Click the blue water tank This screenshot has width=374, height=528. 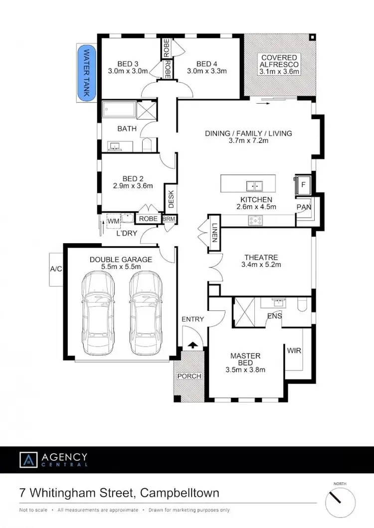(x=86, y=74)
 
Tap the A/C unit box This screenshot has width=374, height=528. (x=56, y=269)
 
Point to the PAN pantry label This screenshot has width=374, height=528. (x=304, y=207)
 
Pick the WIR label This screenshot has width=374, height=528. (x=293, y=351)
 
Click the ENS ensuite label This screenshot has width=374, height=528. (x=274, y=315)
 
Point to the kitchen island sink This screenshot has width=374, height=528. (x=254, y=186)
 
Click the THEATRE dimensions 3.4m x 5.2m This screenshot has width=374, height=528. (x=261, y=264)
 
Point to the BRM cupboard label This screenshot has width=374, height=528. (x=169, y=219)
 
